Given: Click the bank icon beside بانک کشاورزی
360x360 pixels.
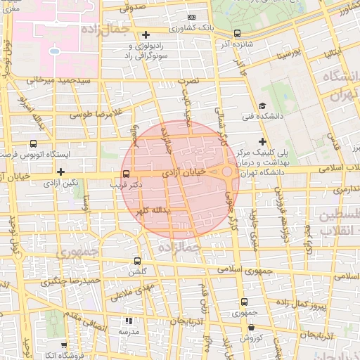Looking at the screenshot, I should (191, 18).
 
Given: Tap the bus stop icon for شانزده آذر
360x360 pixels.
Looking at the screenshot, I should (237, 33).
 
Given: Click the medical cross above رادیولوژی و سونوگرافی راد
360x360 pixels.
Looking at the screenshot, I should (146, 34).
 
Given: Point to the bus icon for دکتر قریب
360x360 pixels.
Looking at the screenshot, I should (126, 173).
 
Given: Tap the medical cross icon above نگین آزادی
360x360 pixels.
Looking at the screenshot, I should (61, 172).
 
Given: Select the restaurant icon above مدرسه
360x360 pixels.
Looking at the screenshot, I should (128, 320).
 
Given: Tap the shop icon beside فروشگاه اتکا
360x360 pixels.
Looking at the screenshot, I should (64, 345).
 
